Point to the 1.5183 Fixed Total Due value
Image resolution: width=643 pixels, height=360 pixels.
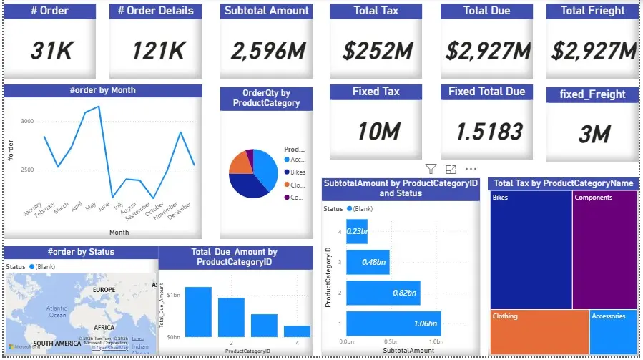[486, 132]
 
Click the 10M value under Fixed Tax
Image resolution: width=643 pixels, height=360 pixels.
[375, 132]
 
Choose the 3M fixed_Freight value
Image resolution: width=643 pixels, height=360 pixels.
[592, 134]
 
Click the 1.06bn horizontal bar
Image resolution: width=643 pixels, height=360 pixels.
[393, 323]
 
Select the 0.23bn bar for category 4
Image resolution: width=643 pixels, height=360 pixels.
[357, 230]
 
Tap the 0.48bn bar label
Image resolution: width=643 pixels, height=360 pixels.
[373, 262]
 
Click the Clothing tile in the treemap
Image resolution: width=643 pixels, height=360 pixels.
[539, 331]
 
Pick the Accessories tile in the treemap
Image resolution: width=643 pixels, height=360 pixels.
[613, 331]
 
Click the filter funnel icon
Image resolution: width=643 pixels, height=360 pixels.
[431, 169]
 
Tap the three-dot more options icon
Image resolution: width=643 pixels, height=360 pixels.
[471, 169]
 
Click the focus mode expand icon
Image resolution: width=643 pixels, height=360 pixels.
[451, 169]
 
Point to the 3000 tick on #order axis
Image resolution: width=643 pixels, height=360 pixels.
[26, 122]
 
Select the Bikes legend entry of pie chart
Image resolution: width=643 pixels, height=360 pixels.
[295, 172]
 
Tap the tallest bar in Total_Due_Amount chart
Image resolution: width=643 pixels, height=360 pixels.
[198, 311]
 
